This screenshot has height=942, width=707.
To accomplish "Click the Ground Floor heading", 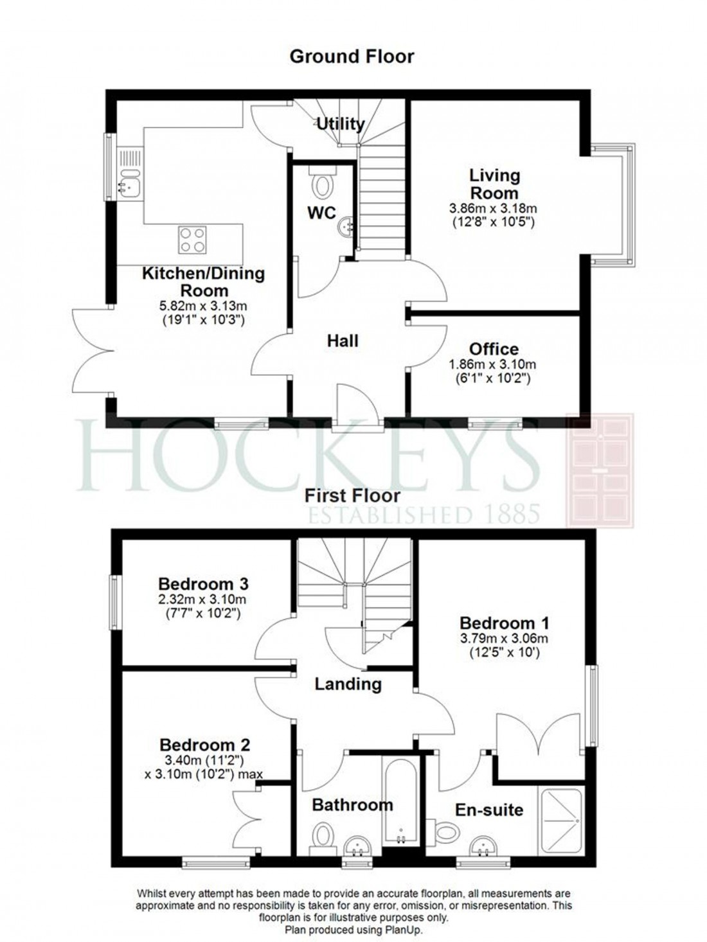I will [x=352, y=57].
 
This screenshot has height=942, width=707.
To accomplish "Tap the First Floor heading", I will [x=352, y=495].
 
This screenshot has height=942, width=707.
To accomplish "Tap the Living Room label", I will [x=494, y=184].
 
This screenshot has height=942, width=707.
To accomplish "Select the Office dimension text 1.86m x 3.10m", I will [x=493, y=364].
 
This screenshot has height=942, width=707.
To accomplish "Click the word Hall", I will [x=343, y=341].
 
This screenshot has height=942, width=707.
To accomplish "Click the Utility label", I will [x=341, y=123].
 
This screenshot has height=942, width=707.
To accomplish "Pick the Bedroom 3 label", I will [x=203, y=584].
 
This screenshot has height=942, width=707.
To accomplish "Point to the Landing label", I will [x=348, y=684].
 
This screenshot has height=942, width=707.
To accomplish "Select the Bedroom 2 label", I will [x=204, y=745].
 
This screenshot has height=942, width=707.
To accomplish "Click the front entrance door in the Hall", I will [x=357, y=405].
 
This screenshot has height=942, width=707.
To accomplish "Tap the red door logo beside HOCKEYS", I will [x=599, y=471].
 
